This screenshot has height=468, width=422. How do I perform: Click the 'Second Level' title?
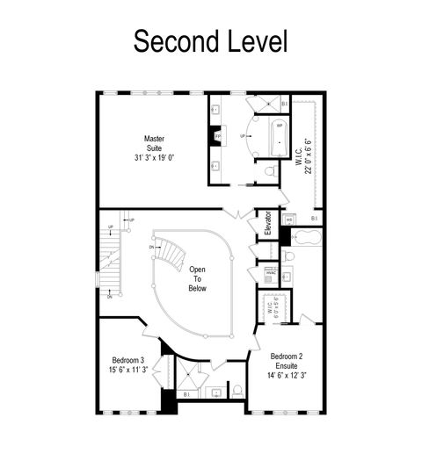pos(210,40)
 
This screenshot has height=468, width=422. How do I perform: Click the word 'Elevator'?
pos(266,223)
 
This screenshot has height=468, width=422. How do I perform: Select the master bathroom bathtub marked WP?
pos(280,137)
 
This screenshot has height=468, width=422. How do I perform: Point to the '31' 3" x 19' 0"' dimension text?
pos(155,159)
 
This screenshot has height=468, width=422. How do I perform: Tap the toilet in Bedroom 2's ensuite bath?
pos(289,256)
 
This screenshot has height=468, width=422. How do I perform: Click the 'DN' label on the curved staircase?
pos(152,248)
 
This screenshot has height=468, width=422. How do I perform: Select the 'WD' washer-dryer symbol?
pos(289,219)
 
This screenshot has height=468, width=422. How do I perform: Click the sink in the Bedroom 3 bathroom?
pos(215,392)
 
